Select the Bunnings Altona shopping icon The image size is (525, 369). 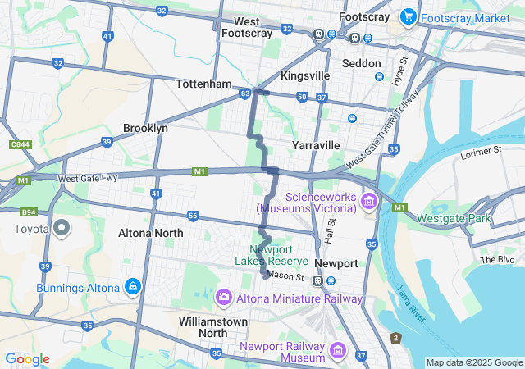132,287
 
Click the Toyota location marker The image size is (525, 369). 62,229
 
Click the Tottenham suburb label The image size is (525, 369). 204,84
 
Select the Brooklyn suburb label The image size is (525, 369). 145,128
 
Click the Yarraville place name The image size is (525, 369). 316,145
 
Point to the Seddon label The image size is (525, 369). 361,63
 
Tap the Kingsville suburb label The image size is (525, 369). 305,75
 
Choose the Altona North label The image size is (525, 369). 151,233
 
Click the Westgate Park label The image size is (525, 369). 453,218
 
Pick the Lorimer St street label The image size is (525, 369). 479,151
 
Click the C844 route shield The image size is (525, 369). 21,145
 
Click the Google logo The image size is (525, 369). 27,359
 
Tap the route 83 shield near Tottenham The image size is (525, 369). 245,94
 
